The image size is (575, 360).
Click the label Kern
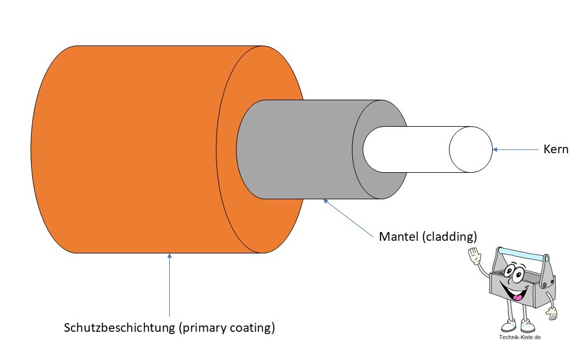pos(555,150)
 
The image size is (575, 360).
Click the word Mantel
pos(398,237)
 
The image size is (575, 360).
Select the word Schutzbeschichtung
pos(119,329)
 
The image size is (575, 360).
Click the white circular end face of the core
pos(471,150)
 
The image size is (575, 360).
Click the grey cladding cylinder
pos(299,150)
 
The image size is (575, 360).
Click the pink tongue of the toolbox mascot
pos(519,297)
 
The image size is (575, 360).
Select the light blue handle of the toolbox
pos(520,253)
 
